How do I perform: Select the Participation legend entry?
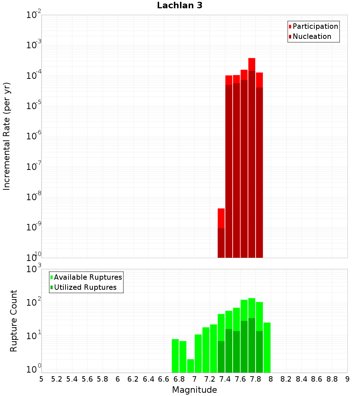click(x=315, y=26)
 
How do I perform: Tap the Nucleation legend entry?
click(x=311, y=36)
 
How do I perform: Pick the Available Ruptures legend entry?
click(x=87, y=277)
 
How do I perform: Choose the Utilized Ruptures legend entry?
click(x=85, y=287)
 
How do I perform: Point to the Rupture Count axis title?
click(x=13, y=320)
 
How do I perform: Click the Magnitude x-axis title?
click(x=194, y=390)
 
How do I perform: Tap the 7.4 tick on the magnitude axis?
click(x=225, y=379)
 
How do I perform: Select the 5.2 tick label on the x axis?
click(x=57, y=379)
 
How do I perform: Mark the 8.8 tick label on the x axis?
click(x=332, y=379)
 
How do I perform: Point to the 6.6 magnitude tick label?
click(x=164, y=379)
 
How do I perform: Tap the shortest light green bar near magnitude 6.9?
click(x=190, y=365)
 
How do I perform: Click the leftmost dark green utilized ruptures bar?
click(x=221, y=356)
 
